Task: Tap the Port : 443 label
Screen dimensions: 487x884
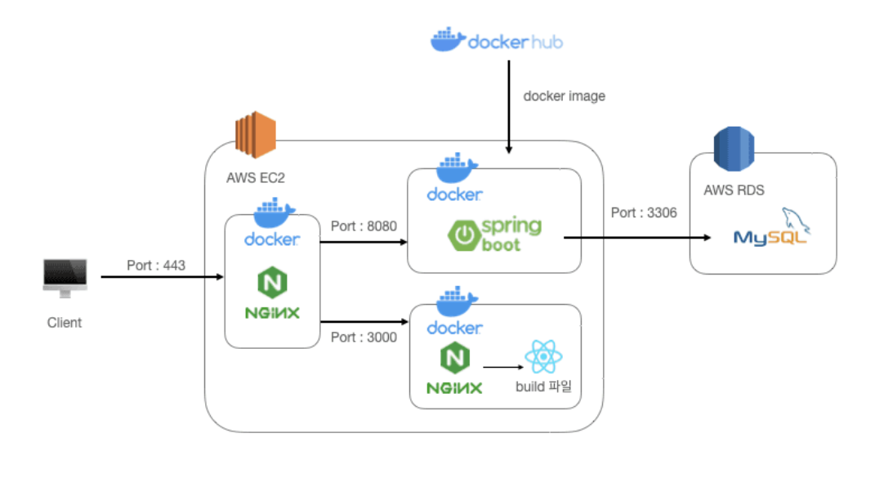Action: point(156,266)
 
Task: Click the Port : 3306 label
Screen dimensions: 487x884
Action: point(644,212)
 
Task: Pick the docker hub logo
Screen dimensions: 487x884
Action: point(496,40)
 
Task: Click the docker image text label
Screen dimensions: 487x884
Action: point(565,96)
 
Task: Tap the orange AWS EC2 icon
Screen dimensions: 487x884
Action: point(255,135)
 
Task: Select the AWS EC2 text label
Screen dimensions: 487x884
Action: point(256,178)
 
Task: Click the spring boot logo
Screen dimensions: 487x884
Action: point(494,234)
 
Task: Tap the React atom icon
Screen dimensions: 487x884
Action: point(544,357)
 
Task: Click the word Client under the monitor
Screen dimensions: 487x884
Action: point(65,323)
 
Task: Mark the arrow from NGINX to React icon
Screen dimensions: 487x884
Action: point(502,367)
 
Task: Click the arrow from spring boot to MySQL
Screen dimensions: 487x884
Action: point(637,238)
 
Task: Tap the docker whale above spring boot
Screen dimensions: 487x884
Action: point(456,168)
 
